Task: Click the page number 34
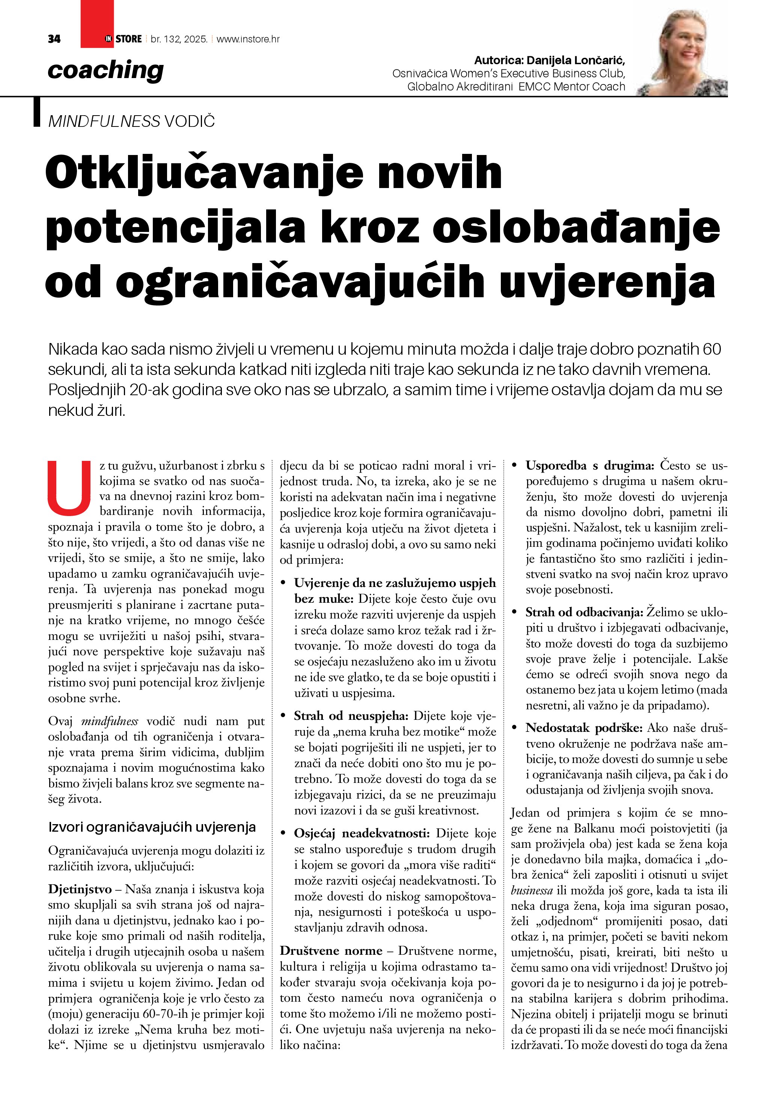tap(54, 39)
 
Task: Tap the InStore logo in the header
tap(123, 39)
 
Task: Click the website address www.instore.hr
tap(248, 39)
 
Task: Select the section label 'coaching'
tap(105, 71)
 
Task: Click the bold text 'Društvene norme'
tap(331, 951)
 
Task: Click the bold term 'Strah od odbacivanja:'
tap(584, 612)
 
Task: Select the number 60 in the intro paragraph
tap(711, 349)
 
